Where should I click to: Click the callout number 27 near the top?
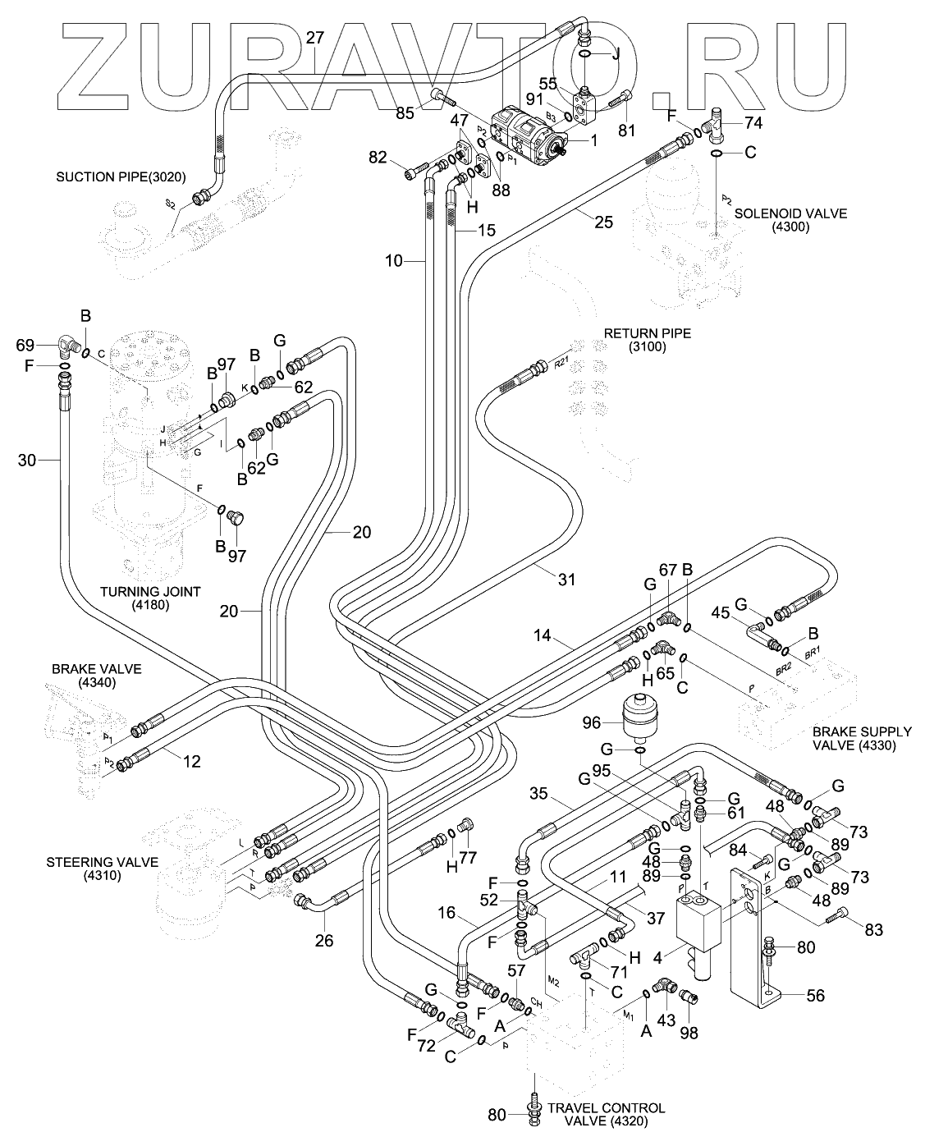point(315,38)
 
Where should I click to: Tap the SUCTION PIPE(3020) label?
point(121,176)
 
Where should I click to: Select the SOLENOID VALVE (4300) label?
point(790,220)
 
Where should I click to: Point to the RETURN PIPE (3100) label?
point(647,340)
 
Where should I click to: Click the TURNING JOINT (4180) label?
point(150,598)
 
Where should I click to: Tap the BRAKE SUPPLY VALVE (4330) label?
point(861,738)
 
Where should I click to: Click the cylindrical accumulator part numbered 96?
point(639,716)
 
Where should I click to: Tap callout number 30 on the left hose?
point(27,461)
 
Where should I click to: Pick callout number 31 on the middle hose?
point(566,580)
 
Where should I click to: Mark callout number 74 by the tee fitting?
point(753,122)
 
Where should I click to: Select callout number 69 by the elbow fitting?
point(26,345)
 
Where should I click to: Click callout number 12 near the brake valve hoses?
point(191,762)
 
